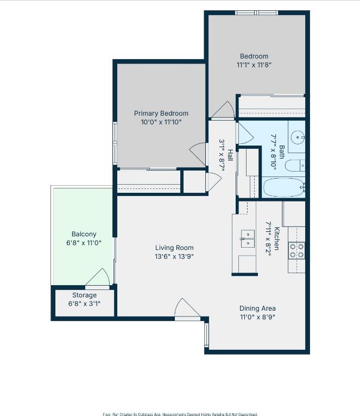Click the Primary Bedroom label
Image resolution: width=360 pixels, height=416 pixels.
[161, 114]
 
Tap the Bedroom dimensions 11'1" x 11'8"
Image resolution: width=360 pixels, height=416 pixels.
[254, 65]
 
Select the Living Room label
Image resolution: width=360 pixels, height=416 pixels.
[174, 248]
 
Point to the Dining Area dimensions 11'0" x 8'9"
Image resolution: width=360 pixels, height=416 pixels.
[257, 317]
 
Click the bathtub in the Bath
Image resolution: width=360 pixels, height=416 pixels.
[284, 187]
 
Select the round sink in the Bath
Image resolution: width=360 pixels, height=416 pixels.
[298, 136]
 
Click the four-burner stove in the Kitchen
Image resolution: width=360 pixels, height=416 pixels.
[296, 250]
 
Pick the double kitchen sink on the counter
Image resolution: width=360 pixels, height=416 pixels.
[247, 238]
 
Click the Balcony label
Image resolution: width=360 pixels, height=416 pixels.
[84, 235]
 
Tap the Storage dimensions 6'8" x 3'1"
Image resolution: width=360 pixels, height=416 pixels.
[84, 304]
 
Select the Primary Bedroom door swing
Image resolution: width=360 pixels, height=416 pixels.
[198, 152]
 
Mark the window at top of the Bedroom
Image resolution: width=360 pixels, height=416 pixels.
[256, 12]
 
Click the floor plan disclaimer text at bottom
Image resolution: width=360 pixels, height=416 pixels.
[180, 413]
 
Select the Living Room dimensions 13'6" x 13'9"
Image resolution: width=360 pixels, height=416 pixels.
[174, 256]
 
